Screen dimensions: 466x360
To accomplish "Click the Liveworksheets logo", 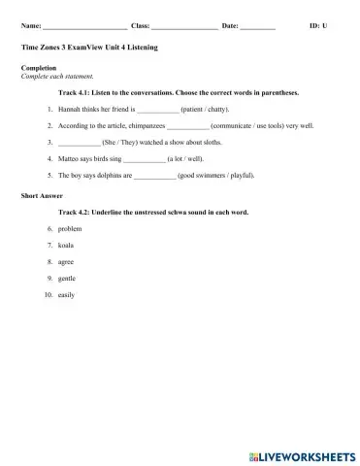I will (302, 453).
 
